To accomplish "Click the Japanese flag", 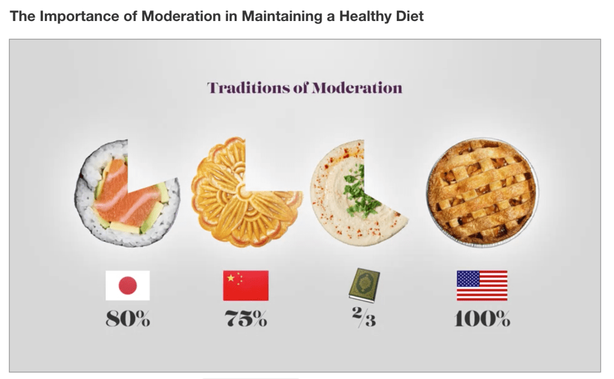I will point(127,285).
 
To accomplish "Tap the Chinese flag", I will point(245,285).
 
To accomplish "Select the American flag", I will point(481,285).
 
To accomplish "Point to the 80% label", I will point(127,319).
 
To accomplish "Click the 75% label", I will point(246,319).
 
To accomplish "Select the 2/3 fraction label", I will point(364,316).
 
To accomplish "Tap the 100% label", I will point(482,319).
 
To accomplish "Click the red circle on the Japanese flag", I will point(127,285).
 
